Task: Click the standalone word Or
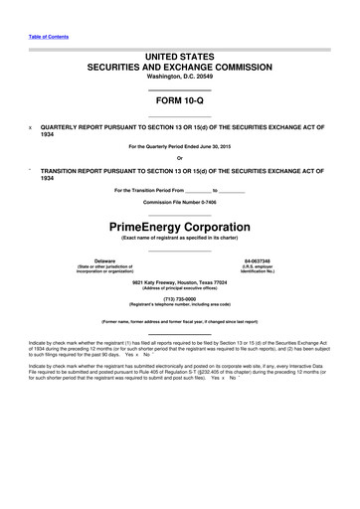click(x=180, y=159)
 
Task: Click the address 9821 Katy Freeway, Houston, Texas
click(x=180, y=281)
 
